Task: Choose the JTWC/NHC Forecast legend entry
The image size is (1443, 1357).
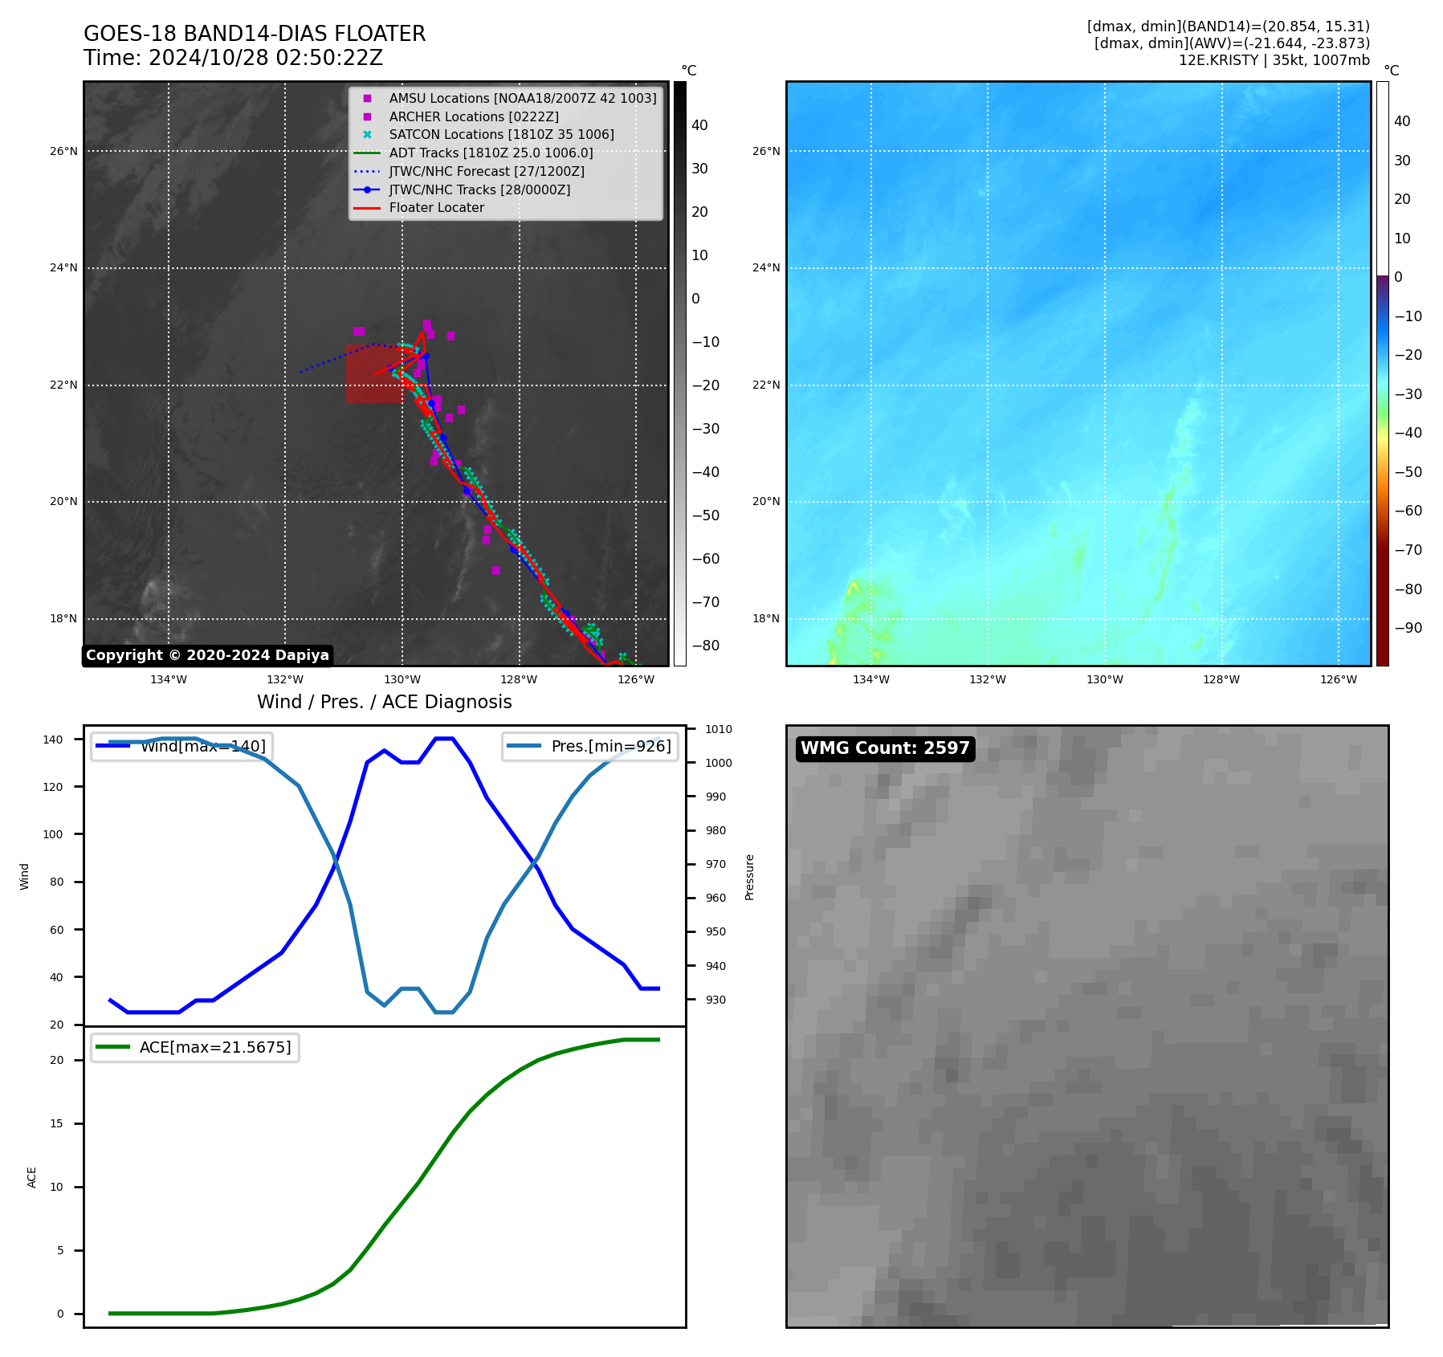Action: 487,171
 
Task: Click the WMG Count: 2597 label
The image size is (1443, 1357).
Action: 885,748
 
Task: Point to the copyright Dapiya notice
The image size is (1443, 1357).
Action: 207,655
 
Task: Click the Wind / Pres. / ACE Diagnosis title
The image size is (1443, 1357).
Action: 384,702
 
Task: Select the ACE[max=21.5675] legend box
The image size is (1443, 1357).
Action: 195,1047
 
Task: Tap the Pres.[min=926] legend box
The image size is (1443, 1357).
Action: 590,746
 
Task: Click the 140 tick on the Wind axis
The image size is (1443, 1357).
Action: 53,740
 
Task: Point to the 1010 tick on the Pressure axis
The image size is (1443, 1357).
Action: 719,729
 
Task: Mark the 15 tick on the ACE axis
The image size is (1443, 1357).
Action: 56,1123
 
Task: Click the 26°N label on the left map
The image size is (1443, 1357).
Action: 64,151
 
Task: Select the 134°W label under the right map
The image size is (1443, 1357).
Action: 870,679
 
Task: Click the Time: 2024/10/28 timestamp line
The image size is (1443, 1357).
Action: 233,58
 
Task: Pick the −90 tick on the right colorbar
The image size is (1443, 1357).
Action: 1408,628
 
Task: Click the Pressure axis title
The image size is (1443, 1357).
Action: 749,877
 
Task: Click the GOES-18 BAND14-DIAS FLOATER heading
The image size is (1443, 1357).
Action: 255,34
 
